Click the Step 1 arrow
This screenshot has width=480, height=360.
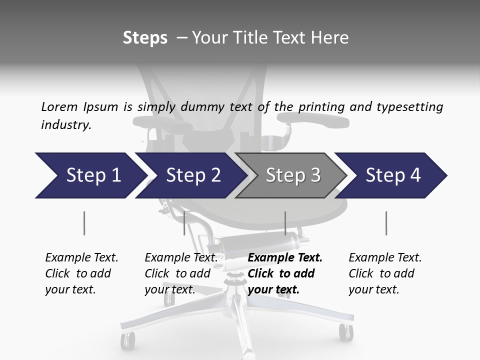pos(90,175)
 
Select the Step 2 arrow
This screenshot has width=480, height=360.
pos(190,175)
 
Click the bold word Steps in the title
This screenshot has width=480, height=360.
pos(145,38)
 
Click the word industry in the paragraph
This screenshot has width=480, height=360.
pos(66,125)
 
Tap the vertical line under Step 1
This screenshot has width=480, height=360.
pos(84,223)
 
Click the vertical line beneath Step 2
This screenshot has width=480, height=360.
pos(184,223)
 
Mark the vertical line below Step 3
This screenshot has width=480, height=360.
pos(285,223)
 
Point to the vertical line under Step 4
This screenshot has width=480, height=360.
pos(386,223)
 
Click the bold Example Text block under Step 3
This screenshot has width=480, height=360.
pos(285,273)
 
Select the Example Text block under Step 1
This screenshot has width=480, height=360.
pos(81,273)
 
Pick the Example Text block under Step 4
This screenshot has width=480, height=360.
pos(385,273)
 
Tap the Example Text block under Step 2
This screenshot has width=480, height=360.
pos(181,273)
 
